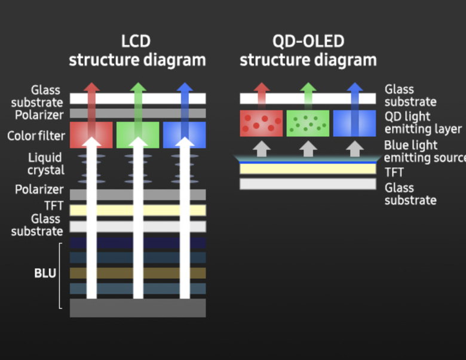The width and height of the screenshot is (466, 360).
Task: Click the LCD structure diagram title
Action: [137, 51]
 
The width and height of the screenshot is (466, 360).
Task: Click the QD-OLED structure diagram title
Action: [308, 51]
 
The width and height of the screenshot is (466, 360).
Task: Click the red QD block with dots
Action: [261, 123]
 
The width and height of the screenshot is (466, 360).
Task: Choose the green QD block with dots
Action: [308, 123]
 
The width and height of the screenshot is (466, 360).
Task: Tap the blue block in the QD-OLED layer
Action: [354, 123]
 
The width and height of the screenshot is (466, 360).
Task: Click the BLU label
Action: [45, 274]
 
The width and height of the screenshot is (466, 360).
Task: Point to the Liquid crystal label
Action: [46, 164]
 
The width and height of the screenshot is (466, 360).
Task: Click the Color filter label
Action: [36, 136]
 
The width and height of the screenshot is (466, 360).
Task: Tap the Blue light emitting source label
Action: [424, 151]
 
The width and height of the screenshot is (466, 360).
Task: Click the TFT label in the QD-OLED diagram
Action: [394, 173]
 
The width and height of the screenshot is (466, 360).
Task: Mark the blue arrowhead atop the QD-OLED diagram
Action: [355, 88]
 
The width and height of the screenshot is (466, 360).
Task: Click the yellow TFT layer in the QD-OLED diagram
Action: [308, 169]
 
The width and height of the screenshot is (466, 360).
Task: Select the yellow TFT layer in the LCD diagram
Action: [138, 210]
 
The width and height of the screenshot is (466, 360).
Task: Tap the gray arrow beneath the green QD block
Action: [308, 148]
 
